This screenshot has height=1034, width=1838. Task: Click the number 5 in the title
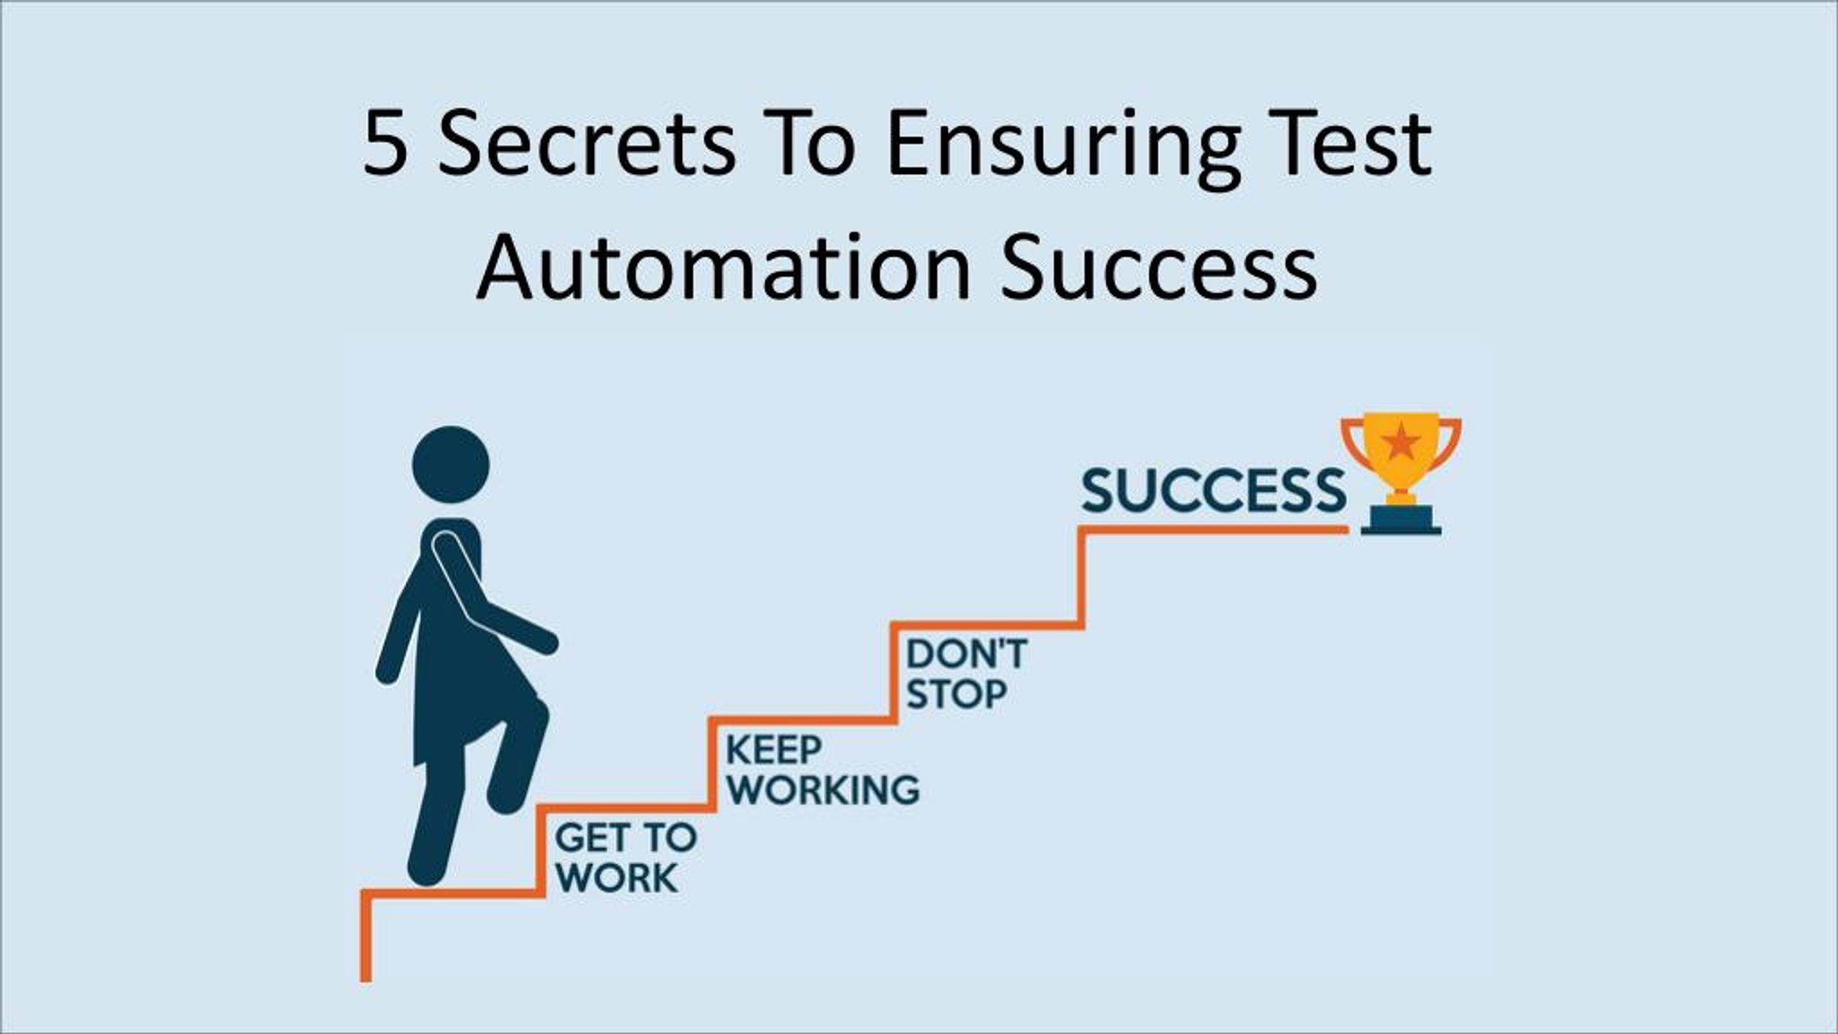click(385, 144)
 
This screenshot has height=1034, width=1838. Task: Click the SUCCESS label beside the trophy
click(1213, 490)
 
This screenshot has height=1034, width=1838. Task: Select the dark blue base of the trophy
click(1401, 521)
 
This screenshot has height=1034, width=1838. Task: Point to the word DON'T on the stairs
click(966, 654)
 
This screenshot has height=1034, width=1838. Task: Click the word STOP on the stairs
click(956, 694)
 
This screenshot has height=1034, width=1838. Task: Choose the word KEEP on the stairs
click(773, 751)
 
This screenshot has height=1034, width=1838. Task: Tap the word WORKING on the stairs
click(823, 790)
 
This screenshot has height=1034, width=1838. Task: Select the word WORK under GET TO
click(617, 877)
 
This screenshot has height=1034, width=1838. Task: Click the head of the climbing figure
click(450, 465)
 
